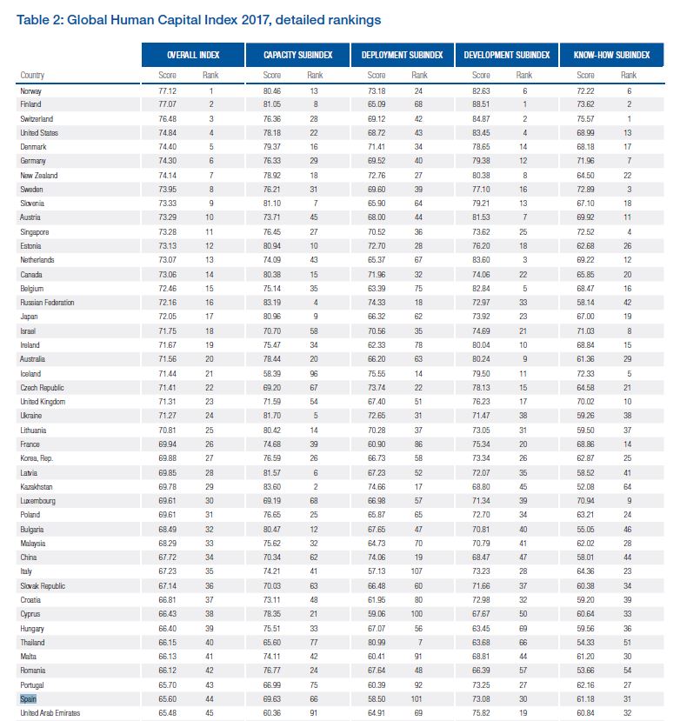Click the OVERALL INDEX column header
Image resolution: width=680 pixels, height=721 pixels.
coord(194,55)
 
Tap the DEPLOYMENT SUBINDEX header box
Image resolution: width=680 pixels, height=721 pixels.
coord(402,55)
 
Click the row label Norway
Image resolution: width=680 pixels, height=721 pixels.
coord(30,90)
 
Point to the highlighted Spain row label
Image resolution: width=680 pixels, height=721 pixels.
coord(29,698)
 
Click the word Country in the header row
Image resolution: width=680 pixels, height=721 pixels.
coord(32,76)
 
